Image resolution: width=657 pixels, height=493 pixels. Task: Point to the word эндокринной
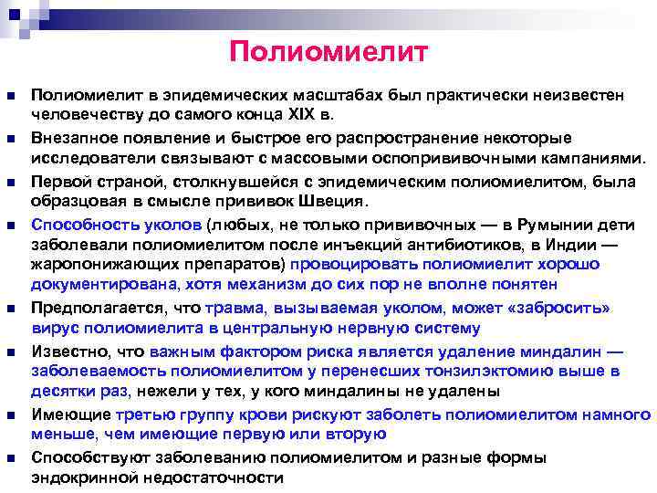[78, 477]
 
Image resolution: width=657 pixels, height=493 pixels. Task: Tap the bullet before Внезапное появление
[10, 139]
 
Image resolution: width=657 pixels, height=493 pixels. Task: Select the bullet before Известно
[10, 351]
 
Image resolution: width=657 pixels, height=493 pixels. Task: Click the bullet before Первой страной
[10, 181]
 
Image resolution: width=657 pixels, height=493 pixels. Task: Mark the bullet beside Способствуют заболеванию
[10, 457]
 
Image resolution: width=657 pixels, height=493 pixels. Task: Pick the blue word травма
[232, 309]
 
